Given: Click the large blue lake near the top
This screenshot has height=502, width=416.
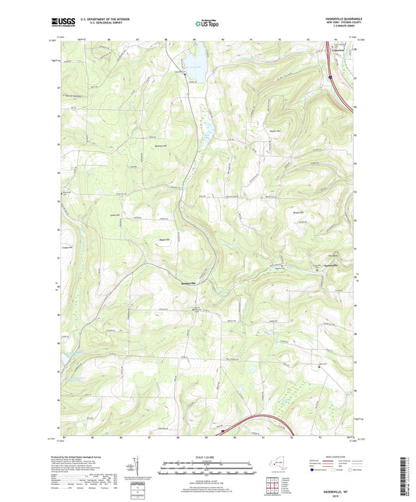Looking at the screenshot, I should (195, 58).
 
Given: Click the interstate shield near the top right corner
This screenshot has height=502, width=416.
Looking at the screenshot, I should (331, 77).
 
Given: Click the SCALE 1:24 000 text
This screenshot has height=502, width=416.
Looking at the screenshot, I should (208, 457).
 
